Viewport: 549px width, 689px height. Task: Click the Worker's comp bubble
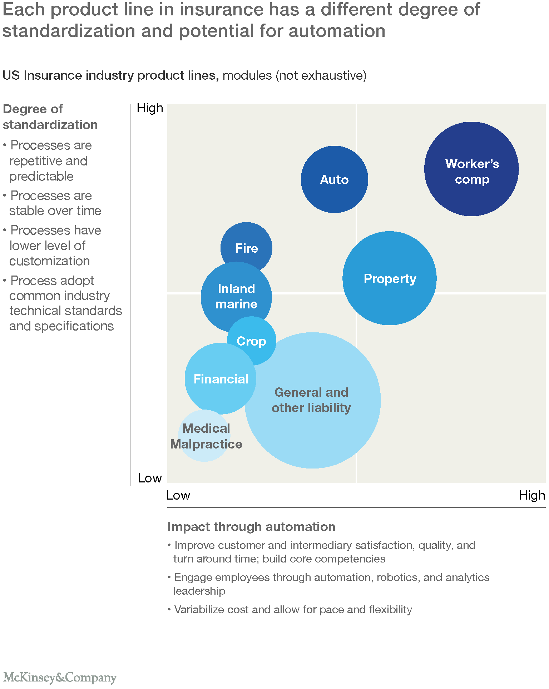pos(471,169)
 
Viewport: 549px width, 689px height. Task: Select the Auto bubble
pos(334,179)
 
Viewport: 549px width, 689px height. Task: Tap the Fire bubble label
pos(247,248)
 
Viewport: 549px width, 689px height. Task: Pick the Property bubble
pos(390,278)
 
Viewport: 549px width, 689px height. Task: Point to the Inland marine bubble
pos(236,297)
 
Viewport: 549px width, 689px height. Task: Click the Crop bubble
pos(252,341)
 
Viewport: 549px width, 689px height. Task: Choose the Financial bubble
pos(221,379)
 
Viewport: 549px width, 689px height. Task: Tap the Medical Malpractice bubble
pos(204,436)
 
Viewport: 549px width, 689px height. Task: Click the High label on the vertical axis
pos(150,108)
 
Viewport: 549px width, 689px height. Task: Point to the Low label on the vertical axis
pos(150,478)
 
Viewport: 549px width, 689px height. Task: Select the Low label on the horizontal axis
pos(178,495)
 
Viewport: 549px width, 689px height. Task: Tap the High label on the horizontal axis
pos(532,495)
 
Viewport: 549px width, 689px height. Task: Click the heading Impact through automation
pos(251,527)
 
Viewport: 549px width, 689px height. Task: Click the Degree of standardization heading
pos(50,117)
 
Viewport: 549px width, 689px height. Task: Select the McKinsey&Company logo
pos(60,677)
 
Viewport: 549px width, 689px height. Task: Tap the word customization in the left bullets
pos(49,261)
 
